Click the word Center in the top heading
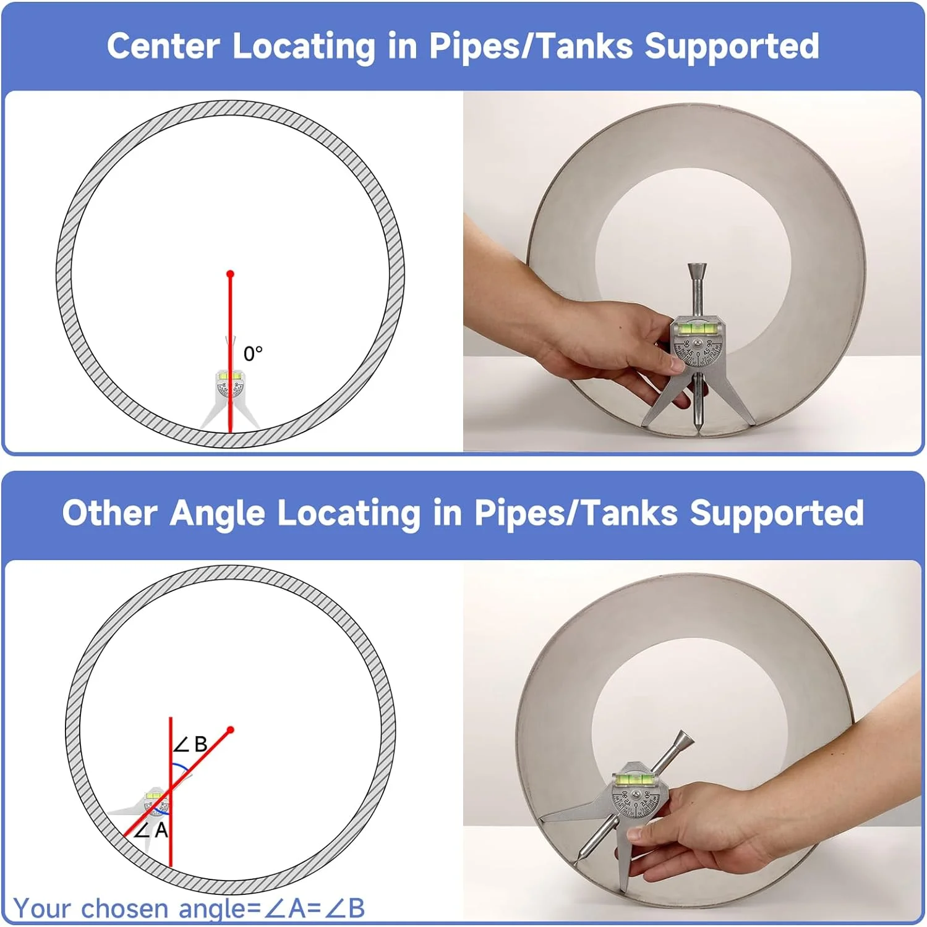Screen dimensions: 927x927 pos(163,47)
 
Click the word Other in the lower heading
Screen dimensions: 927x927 pos(109,514)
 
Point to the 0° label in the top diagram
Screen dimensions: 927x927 pos(253,354)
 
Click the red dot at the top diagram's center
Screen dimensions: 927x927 pos(230,274)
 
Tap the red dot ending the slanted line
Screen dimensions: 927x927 pos(231,730)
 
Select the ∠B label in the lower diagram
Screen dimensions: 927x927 pos(190,745)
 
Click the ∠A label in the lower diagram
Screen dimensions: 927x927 pos(152,830)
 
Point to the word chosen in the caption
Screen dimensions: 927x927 pos(124,909)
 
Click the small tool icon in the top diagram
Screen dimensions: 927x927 pos(229,396)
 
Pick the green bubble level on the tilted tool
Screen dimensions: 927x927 pos(636,780)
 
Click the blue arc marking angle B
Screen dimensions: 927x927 pos(181,768)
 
